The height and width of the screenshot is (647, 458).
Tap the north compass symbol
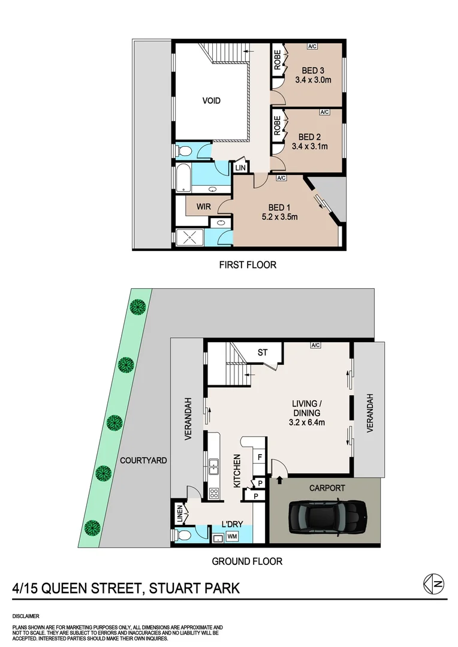click(432, 585)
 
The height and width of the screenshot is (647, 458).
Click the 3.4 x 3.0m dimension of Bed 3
click(313, 80)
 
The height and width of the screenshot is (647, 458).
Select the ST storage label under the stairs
click(263, 353)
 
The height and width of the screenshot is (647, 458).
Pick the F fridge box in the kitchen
click(259, 456)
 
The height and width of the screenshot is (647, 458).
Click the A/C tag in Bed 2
click(324, 112)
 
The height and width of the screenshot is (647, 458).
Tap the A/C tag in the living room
click(316, 345)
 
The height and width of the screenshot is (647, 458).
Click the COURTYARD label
click(143, 461)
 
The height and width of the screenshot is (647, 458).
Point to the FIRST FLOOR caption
click(246, 264)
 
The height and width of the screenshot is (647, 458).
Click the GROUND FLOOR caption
click(246, 561)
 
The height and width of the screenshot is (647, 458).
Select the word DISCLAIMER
click(26, 615)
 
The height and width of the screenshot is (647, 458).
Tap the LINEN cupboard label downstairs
click(179, 513)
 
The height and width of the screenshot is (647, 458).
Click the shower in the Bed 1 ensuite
click(191, 238)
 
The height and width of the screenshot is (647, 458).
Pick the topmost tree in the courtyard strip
click(138, 307)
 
